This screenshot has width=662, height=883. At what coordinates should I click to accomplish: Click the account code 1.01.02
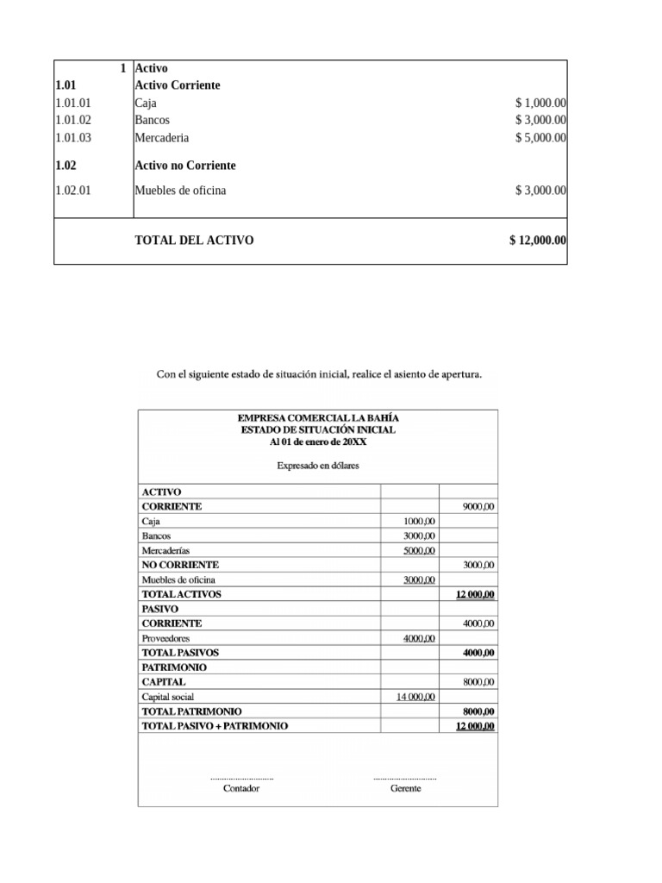(72, 120)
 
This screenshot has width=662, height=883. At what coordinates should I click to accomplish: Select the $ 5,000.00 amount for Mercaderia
(540, 137)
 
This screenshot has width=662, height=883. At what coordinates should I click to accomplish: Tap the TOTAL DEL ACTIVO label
(194, 241)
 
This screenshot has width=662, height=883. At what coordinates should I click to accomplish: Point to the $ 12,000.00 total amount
(537, 241)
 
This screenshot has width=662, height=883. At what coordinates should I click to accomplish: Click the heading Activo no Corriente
(185, 165)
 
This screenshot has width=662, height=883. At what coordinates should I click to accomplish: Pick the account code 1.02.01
(72, 191)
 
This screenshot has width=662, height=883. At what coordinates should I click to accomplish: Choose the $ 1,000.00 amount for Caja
(540, 103)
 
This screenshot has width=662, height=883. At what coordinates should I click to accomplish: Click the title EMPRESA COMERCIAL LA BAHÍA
(318, 418)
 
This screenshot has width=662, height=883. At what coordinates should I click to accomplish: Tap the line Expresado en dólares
(318, 466)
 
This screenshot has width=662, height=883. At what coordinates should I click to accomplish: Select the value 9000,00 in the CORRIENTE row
(478, 507)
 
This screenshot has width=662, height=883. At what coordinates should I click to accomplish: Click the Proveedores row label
(167, 638)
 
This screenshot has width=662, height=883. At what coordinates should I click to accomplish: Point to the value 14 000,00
(415, 697)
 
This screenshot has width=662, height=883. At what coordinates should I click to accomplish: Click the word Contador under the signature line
(240, 789)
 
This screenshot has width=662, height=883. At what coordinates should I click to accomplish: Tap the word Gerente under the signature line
(405, 789)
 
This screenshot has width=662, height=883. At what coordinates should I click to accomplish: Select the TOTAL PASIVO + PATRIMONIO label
(214, 726)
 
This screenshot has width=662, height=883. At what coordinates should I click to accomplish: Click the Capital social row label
(168, 697)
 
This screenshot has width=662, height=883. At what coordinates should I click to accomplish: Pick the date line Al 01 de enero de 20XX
(318, 442)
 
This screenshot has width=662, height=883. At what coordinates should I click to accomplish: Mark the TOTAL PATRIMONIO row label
(191, 711)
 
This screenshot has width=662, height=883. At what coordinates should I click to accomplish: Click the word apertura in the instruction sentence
(459, 375)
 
